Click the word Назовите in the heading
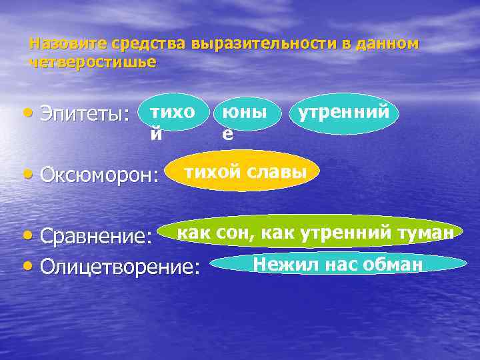tap(68, 44)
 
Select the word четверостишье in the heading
tap(93, 63)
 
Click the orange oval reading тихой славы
tap(245, 173)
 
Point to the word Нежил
tap(281, 264)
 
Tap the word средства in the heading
tap(149, 44)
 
